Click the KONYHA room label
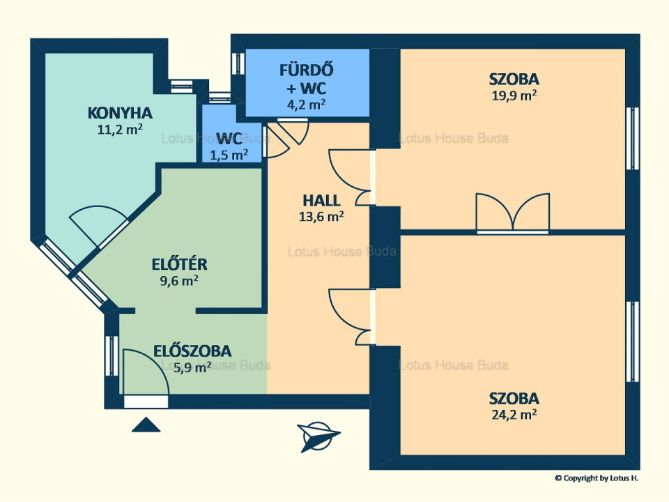point(120,113)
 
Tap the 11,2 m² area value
point(120,129)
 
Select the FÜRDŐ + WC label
point(307,79)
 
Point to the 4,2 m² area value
point(307,104)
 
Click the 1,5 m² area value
point(229,155)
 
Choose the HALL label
point(321,201)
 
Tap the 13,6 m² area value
point(321,216)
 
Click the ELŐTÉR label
point(179,265)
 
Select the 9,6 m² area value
point(179,280)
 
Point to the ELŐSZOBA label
point(192,351)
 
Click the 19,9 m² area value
point(514,96)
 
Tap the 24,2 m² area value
point(514,414)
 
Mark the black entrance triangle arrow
point(146,425)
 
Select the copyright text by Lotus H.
point(597,478)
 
